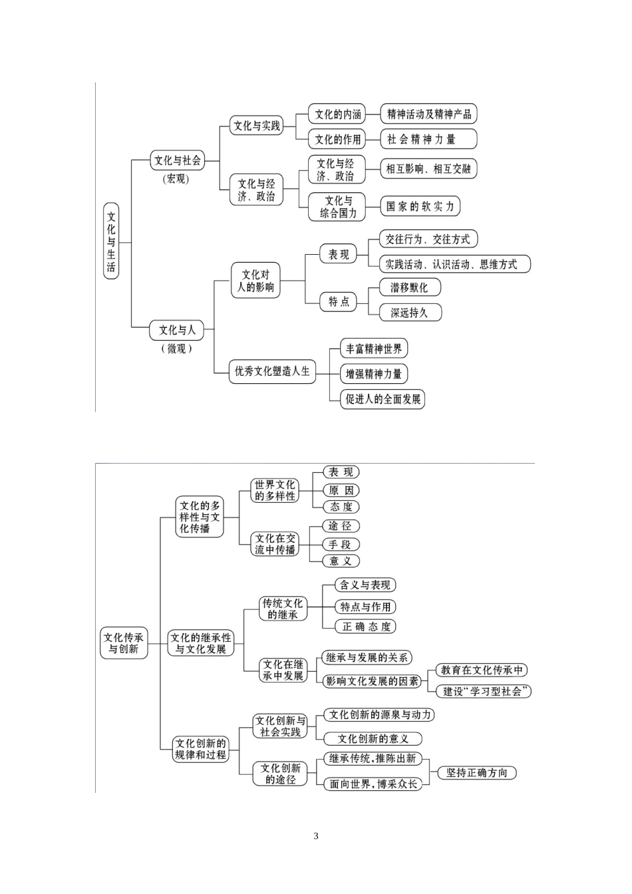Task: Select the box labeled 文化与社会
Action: pos(177,160)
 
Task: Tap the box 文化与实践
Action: pos(257,126)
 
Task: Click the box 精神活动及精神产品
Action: pos(429,114)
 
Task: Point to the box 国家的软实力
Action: pos(420,206)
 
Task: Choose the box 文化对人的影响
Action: pos(255,281)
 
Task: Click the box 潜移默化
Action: pos(409,287)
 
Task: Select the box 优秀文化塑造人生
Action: pos(272,371)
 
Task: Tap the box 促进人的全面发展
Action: pos(383,399)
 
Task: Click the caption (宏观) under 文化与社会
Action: pos(176,179)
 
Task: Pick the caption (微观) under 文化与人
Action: pos(176,349)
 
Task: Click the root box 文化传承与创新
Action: pos(124,643)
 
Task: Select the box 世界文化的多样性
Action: pos(275,490)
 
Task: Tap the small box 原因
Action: pos(341,490)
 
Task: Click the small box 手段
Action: pos(341,544)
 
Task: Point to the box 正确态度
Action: pos(366,627)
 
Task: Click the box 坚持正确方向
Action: pos(477,773)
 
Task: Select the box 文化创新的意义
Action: pos(373,738)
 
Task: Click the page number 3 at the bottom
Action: pos(316,836)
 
